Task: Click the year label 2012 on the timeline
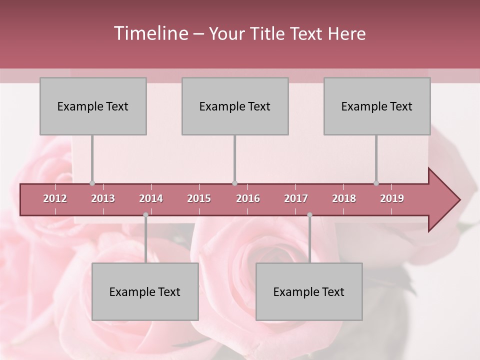[x=55, y=198]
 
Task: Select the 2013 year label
[x=103, y=198]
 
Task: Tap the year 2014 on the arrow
[x=151, y=198]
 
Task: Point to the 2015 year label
[x=199, y=198]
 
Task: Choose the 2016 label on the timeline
[x=248, y=198]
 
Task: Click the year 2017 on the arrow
[x=296, y=198]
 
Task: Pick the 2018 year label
[x=344, y=198]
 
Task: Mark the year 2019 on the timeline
[x=392, y=198]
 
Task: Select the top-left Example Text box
[x=93, y=106]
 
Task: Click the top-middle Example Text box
[x=235, y=106]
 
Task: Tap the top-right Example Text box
[x=377, y=106]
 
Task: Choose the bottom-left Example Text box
[x=145, y=291]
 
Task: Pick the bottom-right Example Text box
[x=309, y=291]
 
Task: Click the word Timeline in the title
[x=150, y=33]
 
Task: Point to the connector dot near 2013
[x=92, y=183]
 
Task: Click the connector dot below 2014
[x=145, y=215]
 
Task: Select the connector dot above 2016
[x=234, y=183]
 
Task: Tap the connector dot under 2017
[x=309, y=215]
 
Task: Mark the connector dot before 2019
[x=376, y=183]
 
